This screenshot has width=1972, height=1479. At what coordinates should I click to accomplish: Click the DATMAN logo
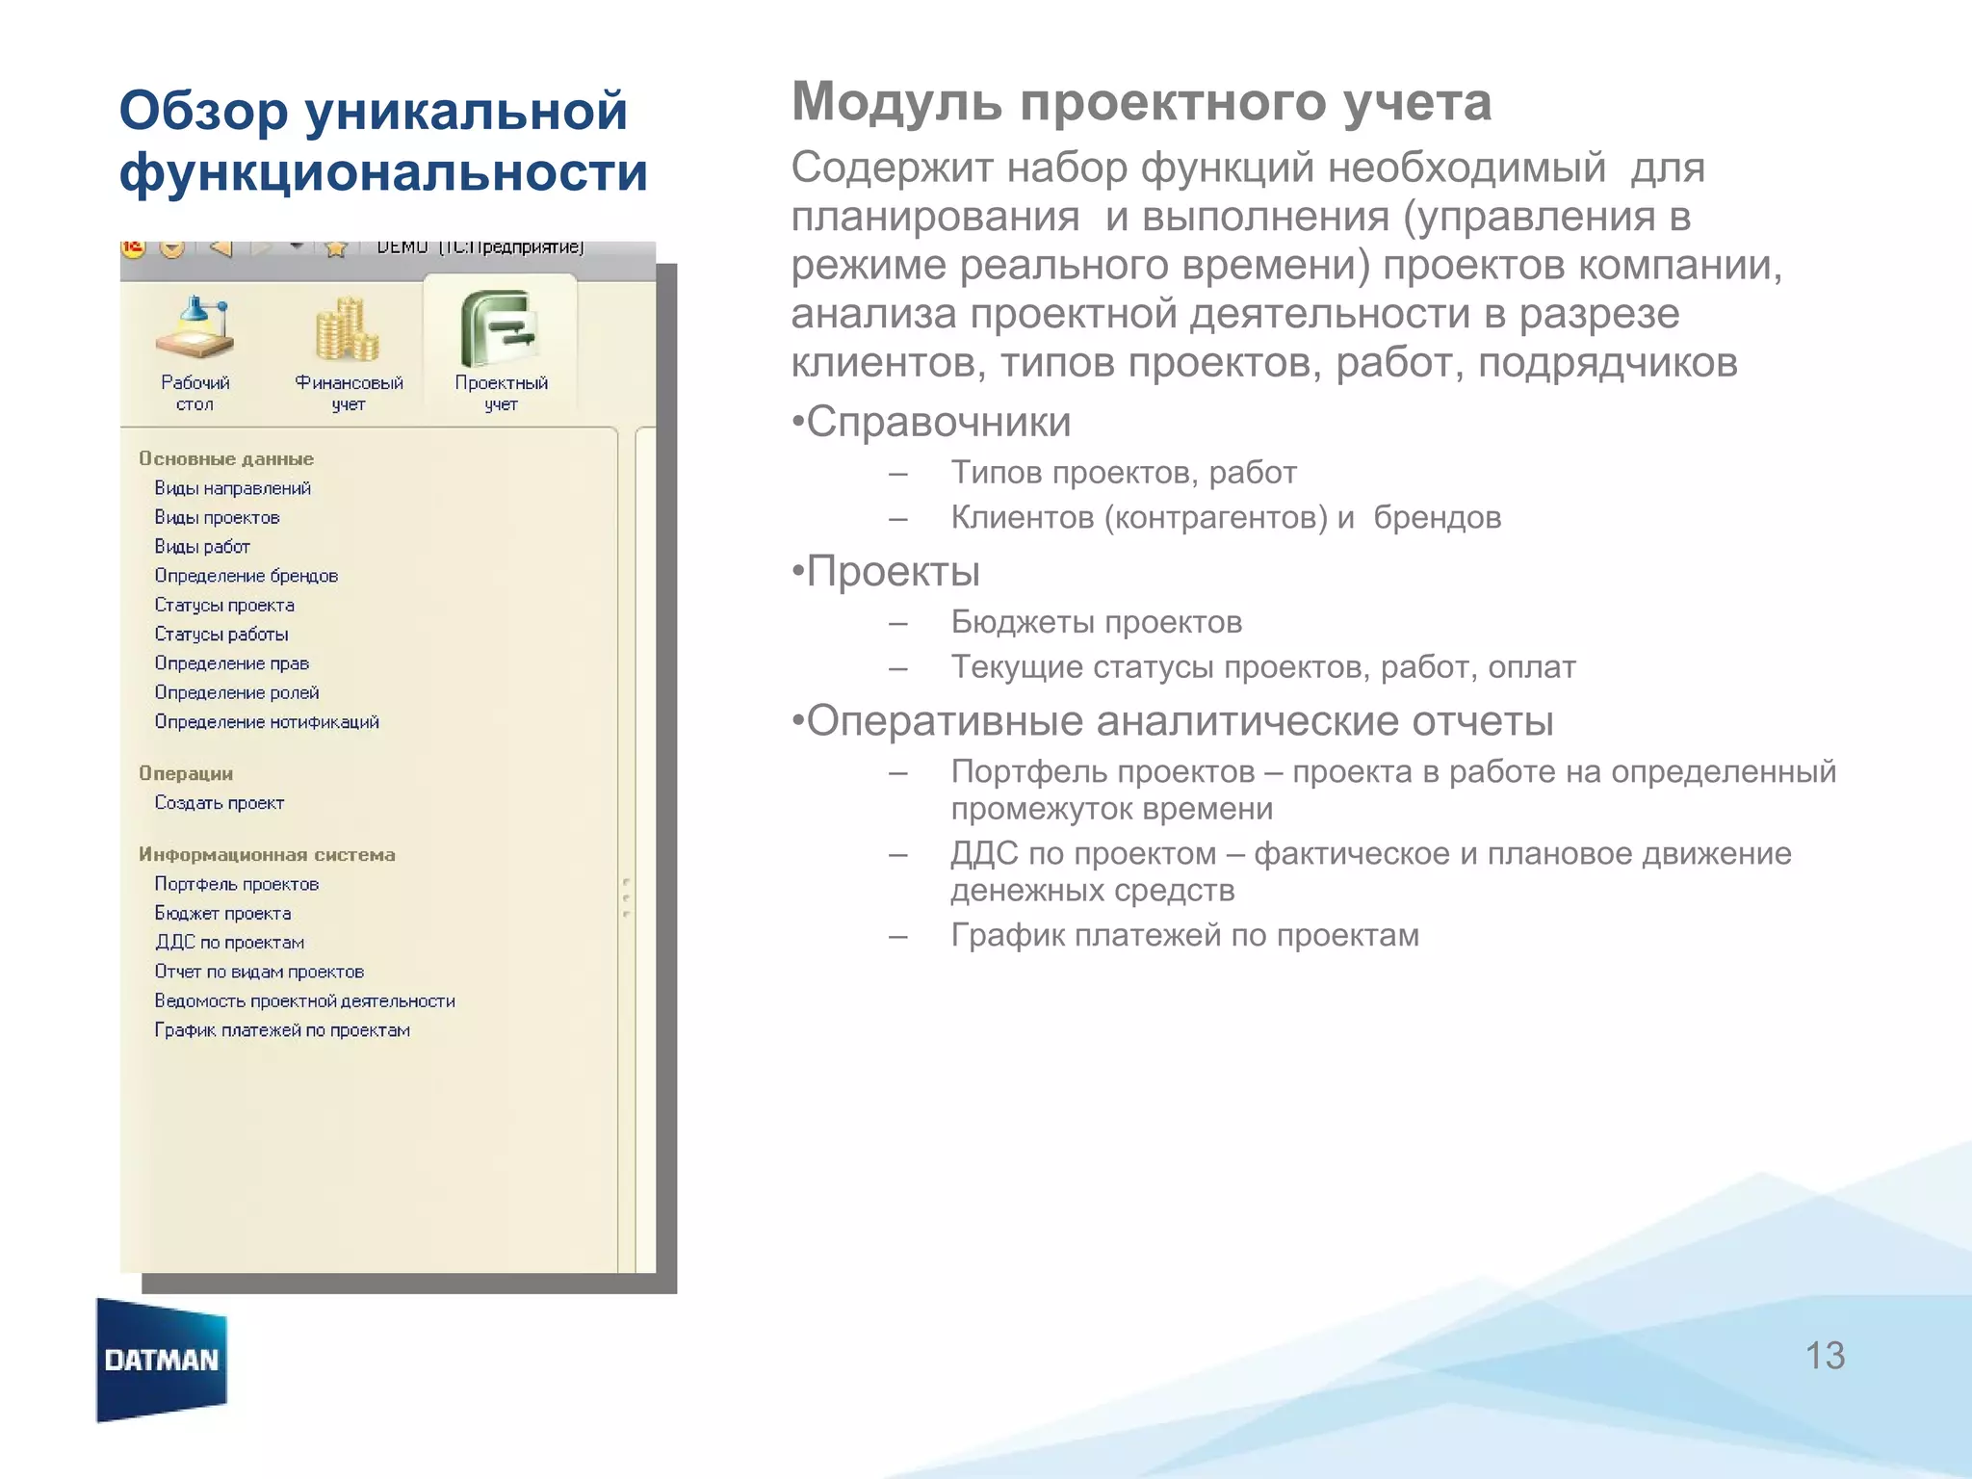point(162,1359)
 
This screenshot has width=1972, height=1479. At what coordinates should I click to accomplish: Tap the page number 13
point(1824,1356)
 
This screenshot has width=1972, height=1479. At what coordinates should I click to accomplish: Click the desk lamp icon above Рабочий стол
point(195,327)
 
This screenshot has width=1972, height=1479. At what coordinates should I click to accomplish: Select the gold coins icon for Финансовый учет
point(348,329)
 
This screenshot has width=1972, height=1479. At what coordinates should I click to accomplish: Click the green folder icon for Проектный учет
point(499,328)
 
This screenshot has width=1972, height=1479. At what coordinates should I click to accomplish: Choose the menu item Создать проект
point(220,803)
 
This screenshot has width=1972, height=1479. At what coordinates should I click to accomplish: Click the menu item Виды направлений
point(233,488)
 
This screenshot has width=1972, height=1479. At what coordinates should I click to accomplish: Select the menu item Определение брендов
point(246,576)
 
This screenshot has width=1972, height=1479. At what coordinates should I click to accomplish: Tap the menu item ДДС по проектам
point(230,943)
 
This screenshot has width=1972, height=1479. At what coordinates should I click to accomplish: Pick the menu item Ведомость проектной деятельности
point(304,1001)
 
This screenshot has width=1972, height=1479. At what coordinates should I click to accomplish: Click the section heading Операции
point(186,773)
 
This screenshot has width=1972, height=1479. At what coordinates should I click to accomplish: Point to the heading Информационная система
point(267,854)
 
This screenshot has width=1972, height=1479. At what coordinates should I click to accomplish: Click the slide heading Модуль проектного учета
point(1141,102)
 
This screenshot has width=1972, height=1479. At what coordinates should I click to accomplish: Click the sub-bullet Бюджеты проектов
point(1096,622)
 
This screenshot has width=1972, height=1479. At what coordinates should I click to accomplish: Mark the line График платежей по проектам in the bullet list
point(1184,935)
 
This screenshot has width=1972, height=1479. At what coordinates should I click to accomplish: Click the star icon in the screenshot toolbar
point(335,249)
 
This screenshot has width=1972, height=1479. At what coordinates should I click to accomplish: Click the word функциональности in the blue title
point(383,172)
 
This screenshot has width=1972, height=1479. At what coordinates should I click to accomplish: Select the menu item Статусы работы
point(221,635)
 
